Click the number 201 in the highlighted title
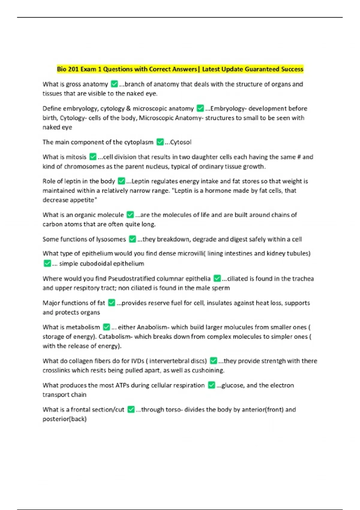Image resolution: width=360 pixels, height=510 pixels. pyautogui.click(x=73, y=69)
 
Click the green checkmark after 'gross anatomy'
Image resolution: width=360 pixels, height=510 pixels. pyautogui.click(x=114, y=84)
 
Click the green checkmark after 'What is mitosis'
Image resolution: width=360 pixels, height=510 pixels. pyautogui.click(x=93, y=157)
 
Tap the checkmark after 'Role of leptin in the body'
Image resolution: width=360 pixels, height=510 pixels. pyautogui.click(x=121, y=181)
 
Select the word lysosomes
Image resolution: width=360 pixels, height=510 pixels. pyautogui.click(x=111, y=239)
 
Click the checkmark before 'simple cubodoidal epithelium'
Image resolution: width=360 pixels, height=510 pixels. pyautogui.click(x=47, y=264)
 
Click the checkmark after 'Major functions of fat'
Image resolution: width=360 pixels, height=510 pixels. pyautogui.click(x=112, y=303)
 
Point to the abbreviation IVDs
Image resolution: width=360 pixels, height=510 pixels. pyautogui.click(x=138, y=361)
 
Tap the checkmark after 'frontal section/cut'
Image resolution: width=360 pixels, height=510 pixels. pyautogui.click(x=131, y=409)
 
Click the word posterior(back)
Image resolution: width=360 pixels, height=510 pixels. pyautogui.click(x=64, y=419)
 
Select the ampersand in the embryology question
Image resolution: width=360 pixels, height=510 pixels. pyautogui.click(x=128, y=109)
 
